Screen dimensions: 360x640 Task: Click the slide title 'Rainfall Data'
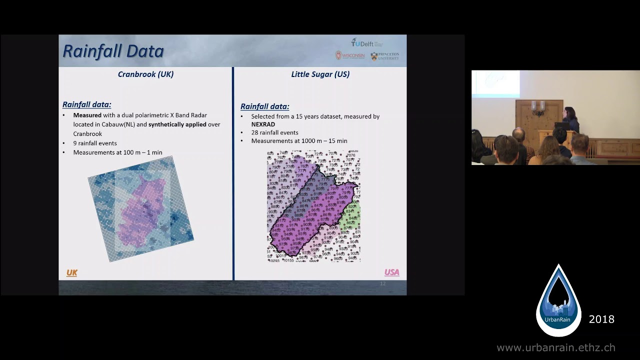[x=113, y=51]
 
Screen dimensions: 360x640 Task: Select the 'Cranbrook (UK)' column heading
[x=145, y=74]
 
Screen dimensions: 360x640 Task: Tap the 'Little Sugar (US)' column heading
[x=320, y=74]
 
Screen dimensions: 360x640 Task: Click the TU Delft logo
[x=366, y=43]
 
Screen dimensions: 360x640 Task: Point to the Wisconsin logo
[x=350, y=55]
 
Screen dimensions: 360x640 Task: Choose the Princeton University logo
[x=385, y=56]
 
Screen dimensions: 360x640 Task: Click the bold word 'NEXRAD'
[x=263, y=124]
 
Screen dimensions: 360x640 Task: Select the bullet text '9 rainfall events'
[x=95, y=143]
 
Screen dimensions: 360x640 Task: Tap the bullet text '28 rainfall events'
[x=274, y=132]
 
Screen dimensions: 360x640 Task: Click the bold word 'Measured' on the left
[x=87, y=115]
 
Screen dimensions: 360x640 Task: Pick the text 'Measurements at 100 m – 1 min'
[x=117, y=152]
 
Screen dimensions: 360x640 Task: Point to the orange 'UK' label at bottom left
[x=72, y=272]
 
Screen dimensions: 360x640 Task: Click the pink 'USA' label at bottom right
[x=391, y=272]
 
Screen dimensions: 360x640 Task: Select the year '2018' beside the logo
[x=601, y=319]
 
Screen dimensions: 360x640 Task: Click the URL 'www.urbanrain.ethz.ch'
[x=555, y=347]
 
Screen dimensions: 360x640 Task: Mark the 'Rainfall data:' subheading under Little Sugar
[x=264, y=106]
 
